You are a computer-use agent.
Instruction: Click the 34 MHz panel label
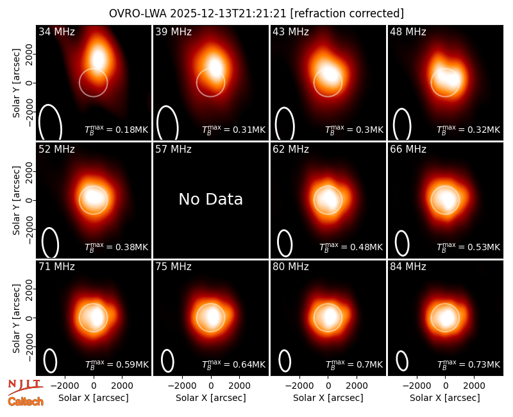pos(56,31)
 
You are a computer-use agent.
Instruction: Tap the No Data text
pos(211,199)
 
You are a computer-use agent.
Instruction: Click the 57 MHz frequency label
pos(173,149)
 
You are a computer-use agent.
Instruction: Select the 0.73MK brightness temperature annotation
pos(469,364)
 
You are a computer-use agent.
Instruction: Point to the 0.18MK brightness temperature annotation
pos(117,129)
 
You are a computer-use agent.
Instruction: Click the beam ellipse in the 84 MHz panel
pos(402,361)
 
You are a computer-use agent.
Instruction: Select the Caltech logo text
pos(26,402)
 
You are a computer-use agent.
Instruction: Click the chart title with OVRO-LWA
pos(256,13)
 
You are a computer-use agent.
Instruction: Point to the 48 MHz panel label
pos(408,31)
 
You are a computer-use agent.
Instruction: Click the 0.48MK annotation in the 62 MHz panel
pos(351,246)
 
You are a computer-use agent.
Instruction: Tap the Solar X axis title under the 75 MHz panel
pos(211,398)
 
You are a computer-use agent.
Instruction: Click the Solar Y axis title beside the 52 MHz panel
pos(16,200)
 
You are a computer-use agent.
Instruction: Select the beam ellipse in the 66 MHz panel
pos(402,243)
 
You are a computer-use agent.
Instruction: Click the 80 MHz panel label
pos(291,267)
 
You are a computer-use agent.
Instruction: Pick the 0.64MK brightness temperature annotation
pos(233,364)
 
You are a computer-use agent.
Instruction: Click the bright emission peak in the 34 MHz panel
pos(98,59)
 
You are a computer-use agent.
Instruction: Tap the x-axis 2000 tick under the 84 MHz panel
pos(474,386)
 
